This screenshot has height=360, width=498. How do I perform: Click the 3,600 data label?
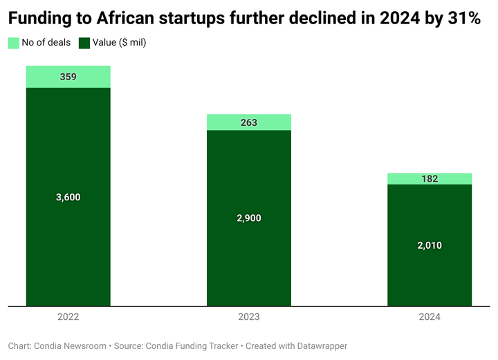coord(68,197)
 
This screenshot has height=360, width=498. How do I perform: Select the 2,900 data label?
coord(249,218)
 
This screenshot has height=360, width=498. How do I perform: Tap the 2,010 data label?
coord(430,245)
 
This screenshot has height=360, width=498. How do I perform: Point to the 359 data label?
coord(68,77)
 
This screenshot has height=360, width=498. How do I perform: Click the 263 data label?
coord(249,122)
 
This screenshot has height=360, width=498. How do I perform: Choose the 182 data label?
coord(430,179)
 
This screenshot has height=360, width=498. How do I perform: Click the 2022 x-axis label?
coord(68,317)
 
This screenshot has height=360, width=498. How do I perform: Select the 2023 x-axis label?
coord(249,317)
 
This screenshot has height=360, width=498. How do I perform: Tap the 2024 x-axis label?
coord(430,317)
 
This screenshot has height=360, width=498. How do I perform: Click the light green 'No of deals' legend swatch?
coord(14,43)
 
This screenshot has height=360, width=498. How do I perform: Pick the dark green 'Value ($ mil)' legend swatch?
coord(84,43)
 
